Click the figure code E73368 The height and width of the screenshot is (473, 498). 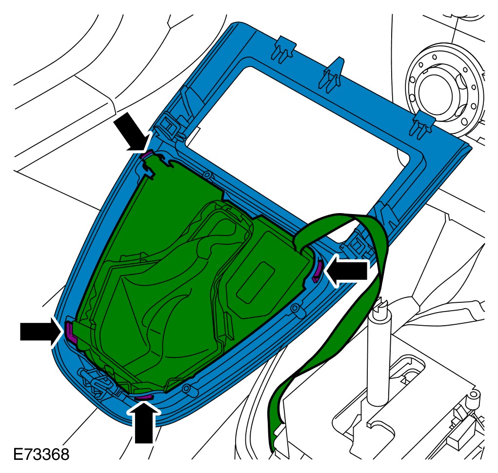pos(41,454)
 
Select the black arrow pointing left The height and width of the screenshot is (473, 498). pos(347,270)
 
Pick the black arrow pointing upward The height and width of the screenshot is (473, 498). pos(144,422)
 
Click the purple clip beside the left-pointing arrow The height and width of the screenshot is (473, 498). pos(317,271)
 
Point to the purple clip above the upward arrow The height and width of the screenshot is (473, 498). pos(144,397)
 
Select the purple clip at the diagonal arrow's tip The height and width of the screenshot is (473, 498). pos(147,155)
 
